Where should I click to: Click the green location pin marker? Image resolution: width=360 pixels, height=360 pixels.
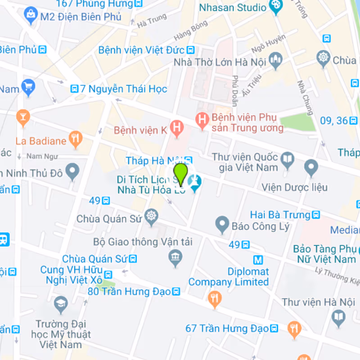(180, 174)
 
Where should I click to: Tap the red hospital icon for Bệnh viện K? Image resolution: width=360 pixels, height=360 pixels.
(178, 130)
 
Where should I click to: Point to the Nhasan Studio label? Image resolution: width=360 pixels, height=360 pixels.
(233, 7)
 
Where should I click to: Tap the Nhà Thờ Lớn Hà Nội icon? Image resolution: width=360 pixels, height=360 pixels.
(275, 60)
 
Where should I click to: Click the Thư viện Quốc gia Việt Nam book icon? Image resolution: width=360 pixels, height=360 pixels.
(287, 158)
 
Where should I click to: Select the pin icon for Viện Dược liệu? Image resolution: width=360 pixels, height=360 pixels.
(311, 168)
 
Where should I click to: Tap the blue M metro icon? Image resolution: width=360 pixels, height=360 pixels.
(258, 260)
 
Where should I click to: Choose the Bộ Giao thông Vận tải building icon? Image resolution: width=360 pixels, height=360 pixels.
(175, 257)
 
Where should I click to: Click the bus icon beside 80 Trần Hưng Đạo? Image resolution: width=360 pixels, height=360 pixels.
(176, 292)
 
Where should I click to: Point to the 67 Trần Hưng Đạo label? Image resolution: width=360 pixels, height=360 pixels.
(227, 328)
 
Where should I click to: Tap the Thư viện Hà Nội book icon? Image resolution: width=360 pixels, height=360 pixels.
(338, 318)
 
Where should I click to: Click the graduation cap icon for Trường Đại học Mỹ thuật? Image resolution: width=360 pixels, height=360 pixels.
(61, 305)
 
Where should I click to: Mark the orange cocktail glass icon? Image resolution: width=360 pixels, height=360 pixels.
(22, 117)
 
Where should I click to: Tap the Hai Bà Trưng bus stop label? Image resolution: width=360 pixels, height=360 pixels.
(280, 215)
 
